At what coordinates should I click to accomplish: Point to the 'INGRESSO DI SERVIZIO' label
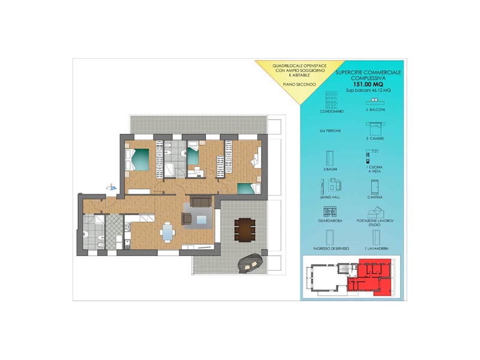click(331, 248)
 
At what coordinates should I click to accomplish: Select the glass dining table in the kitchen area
click(168, 230)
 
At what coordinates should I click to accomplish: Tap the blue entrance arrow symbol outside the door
click(110, 187)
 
